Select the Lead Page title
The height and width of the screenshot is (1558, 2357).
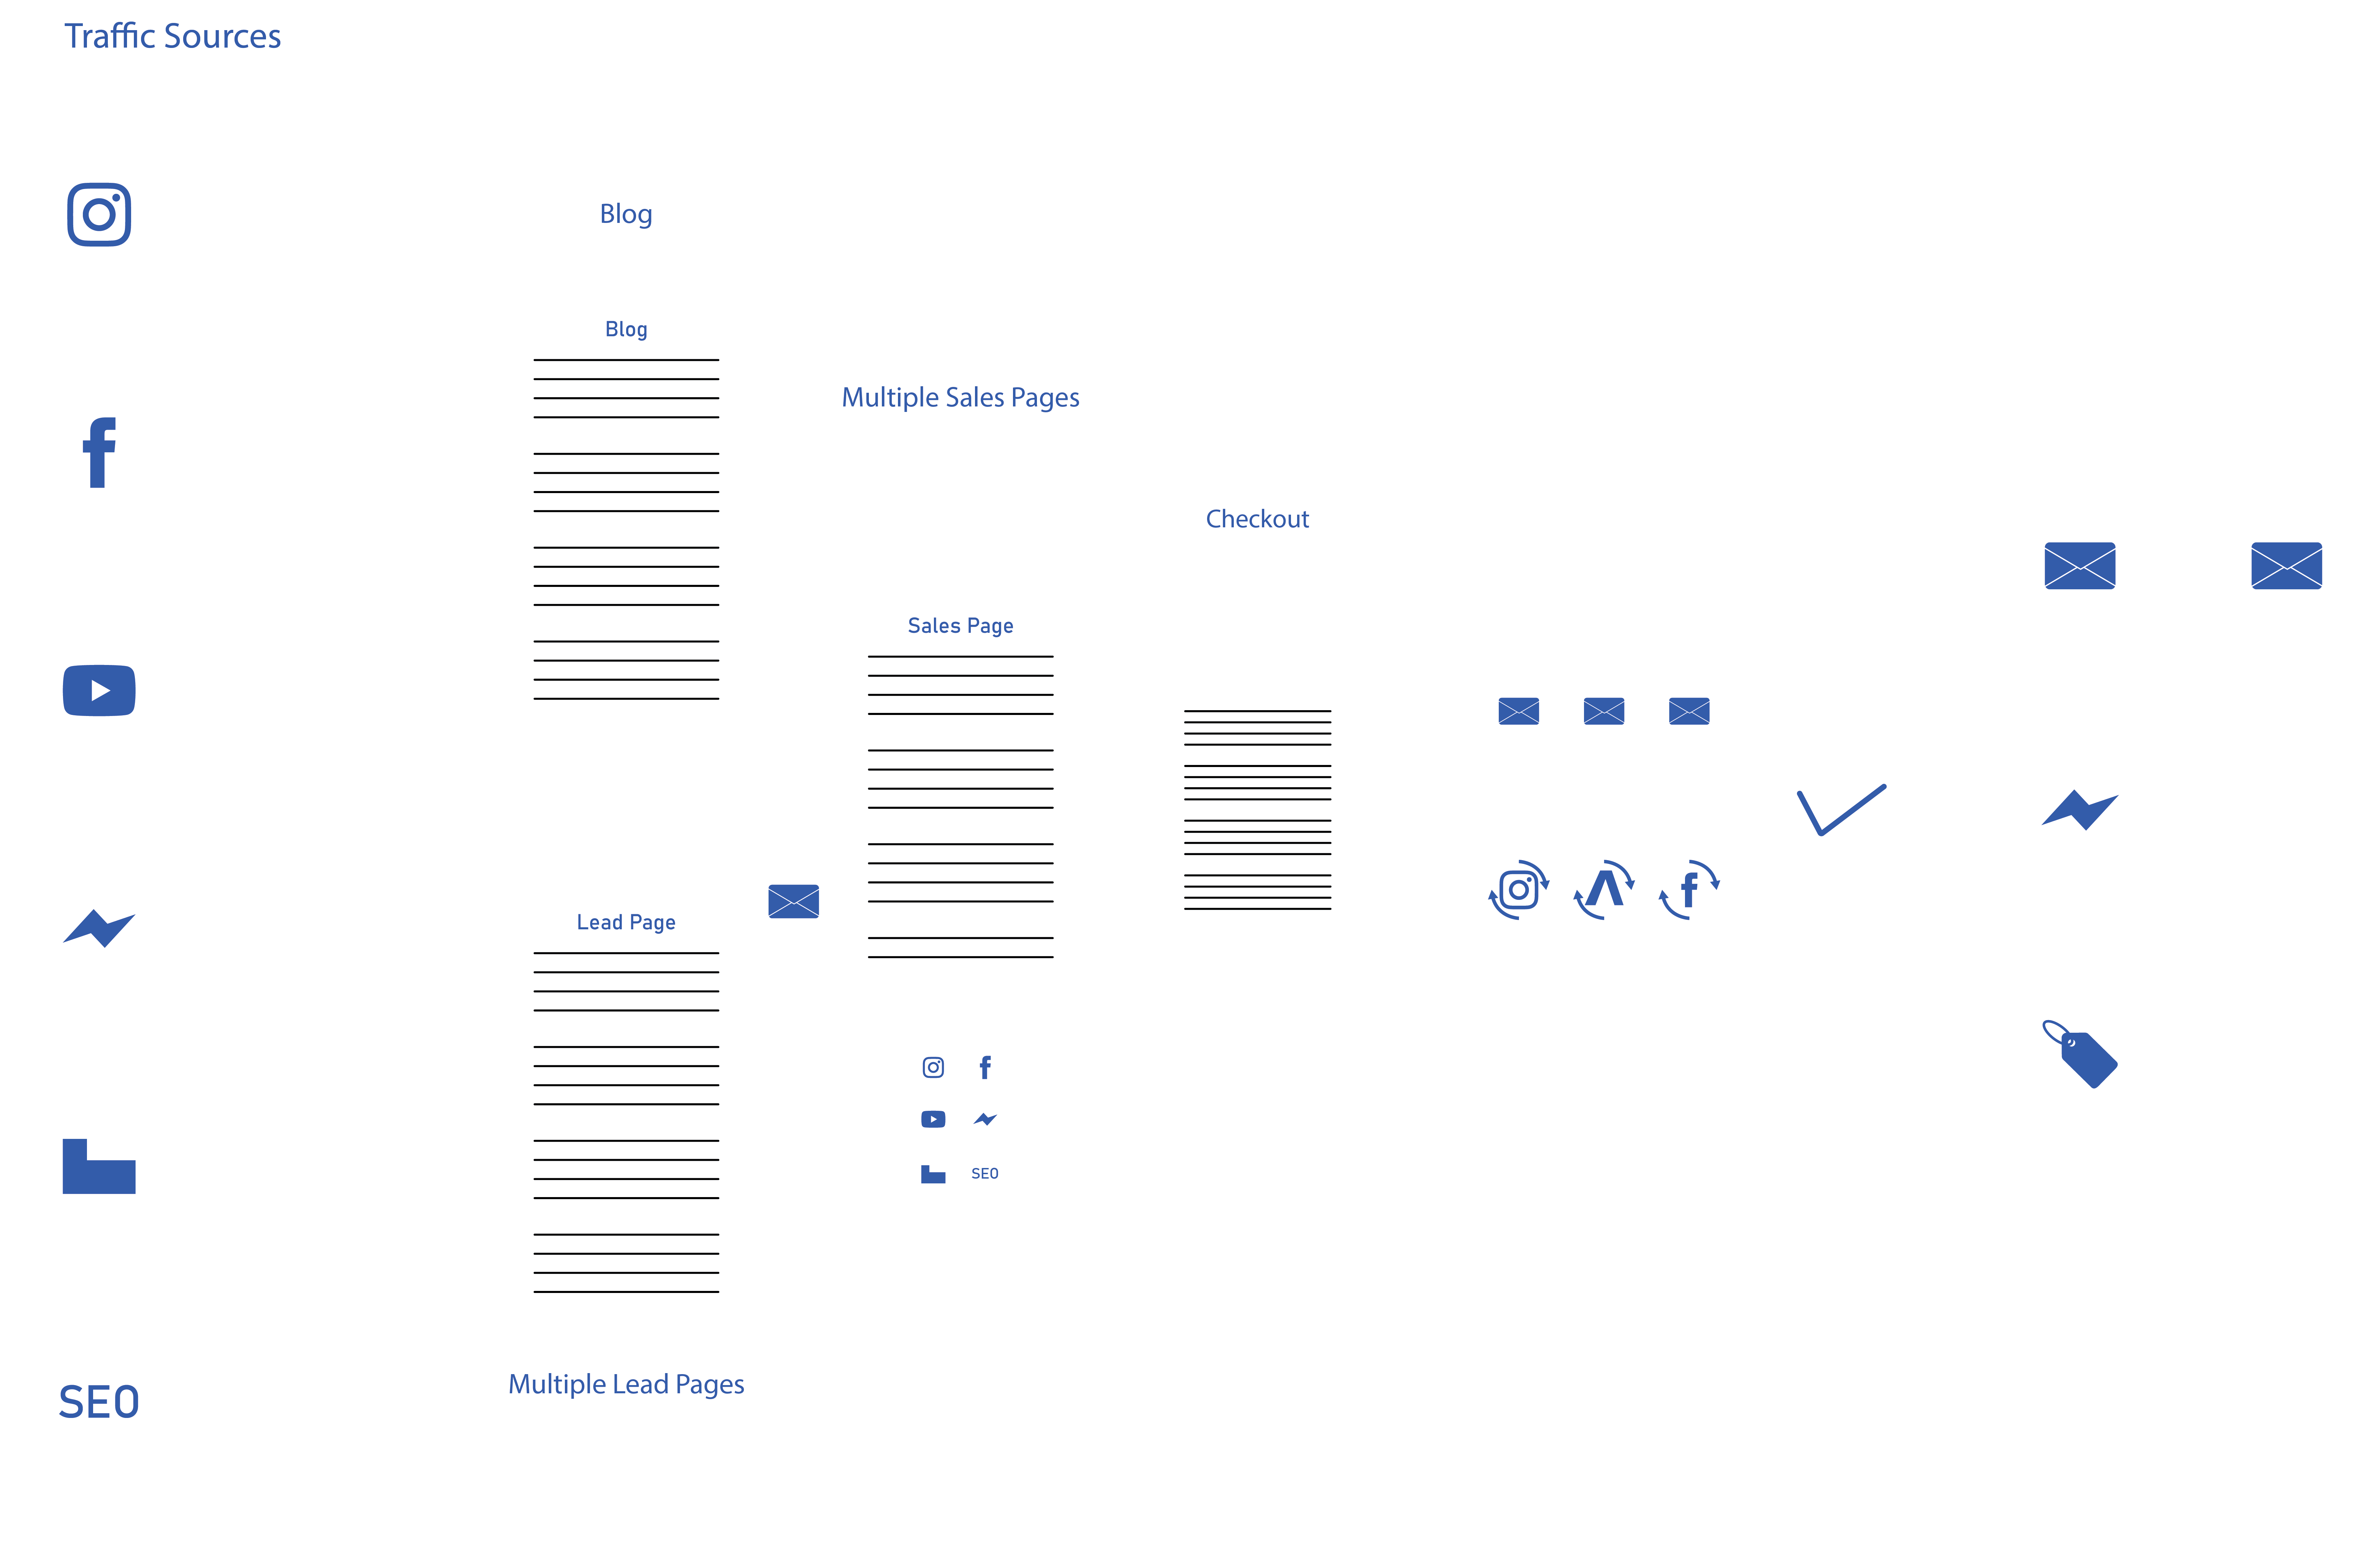click(x=626, y=922)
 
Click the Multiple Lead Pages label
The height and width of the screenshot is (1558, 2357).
click(x=626, y=1384)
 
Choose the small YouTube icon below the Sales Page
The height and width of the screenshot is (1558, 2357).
click(x=933, y=1119)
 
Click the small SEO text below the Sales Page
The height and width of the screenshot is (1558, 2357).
click(x=984, y=1173)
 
